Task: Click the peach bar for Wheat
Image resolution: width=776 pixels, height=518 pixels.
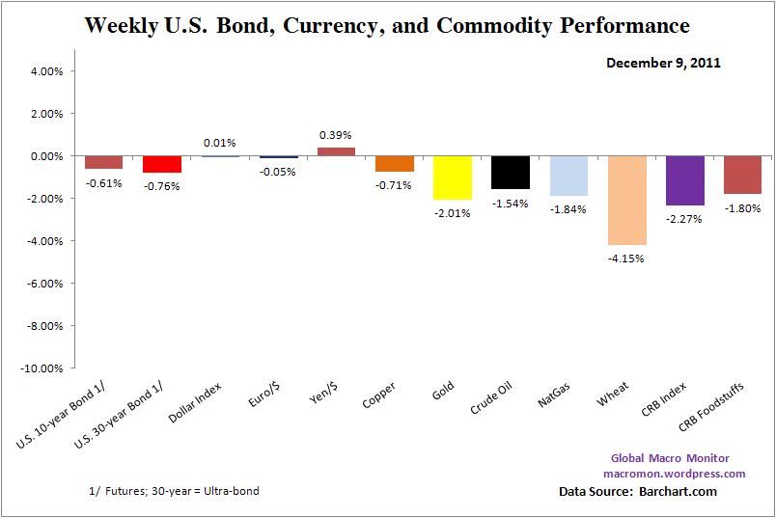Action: (627, 200)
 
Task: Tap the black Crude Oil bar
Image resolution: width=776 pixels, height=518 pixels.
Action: (511, 172)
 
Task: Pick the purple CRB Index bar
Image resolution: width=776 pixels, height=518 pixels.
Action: (685, 180)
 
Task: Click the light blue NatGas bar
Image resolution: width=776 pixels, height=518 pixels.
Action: (568, 176)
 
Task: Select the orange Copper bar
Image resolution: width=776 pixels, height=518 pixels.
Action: (395, 164)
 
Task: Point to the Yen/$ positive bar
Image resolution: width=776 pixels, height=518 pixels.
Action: (336, 150)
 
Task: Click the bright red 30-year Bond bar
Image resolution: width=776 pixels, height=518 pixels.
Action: (161, 164)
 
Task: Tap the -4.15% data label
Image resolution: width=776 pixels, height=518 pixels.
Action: (627, 258)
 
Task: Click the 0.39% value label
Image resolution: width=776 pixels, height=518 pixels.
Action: (336, 135)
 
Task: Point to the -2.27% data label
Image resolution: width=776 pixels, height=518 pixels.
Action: (685, 218)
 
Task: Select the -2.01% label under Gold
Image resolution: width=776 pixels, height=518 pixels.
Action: (453, 213)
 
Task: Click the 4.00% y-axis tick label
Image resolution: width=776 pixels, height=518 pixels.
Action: (44, 71)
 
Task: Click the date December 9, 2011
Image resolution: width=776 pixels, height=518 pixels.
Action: (664, 63)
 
